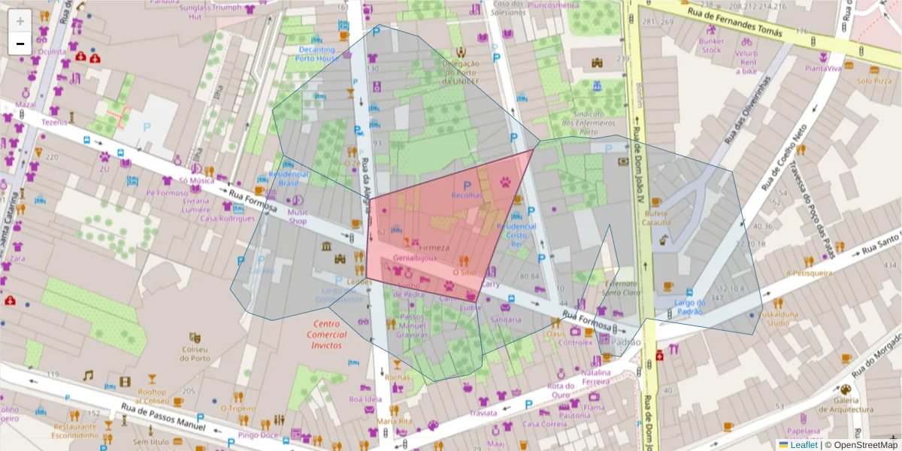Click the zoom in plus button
tap(20, 21)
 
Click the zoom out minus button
tap(20, 44)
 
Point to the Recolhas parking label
tap(466, 195)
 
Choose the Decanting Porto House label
tap(315, 54)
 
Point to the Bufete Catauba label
tap(657, 218)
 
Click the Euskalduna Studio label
tap(777, 319)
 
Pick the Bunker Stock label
tap(711, 46)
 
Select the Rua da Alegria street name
tap(366, 184)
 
